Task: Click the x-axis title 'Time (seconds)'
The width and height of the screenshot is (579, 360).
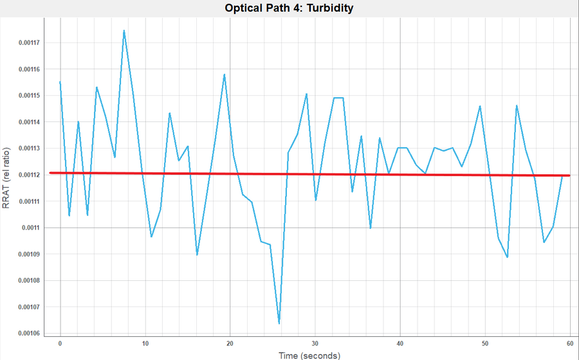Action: pos(309,355)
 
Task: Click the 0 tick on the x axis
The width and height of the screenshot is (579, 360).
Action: pos(60,343)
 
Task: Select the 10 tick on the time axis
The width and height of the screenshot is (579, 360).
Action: pos(145,343)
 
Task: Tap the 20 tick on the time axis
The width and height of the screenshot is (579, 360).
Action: pos(230,343)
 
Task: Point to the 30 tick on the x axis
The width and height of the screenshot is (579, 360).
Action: pos(315,343)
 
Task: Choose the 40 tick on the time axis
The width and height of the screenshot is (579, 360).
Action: pos(400,343)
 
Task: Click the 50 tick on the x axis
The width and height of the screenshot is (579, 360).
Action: pos(485,343)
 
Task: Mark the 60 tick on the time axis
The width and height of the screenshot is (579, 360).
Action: pos(570,343)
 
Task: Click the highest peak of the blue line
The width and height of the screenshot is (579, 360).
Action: pos(124,30)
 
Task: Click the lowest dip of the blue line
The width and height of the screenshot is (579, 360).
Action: pos(279,323)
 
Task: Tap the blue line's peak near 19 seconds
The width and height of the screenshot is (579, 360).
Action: pos(224,74)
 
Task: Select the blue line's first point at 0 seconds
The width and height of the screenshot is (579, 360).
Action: pos(60,82)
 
